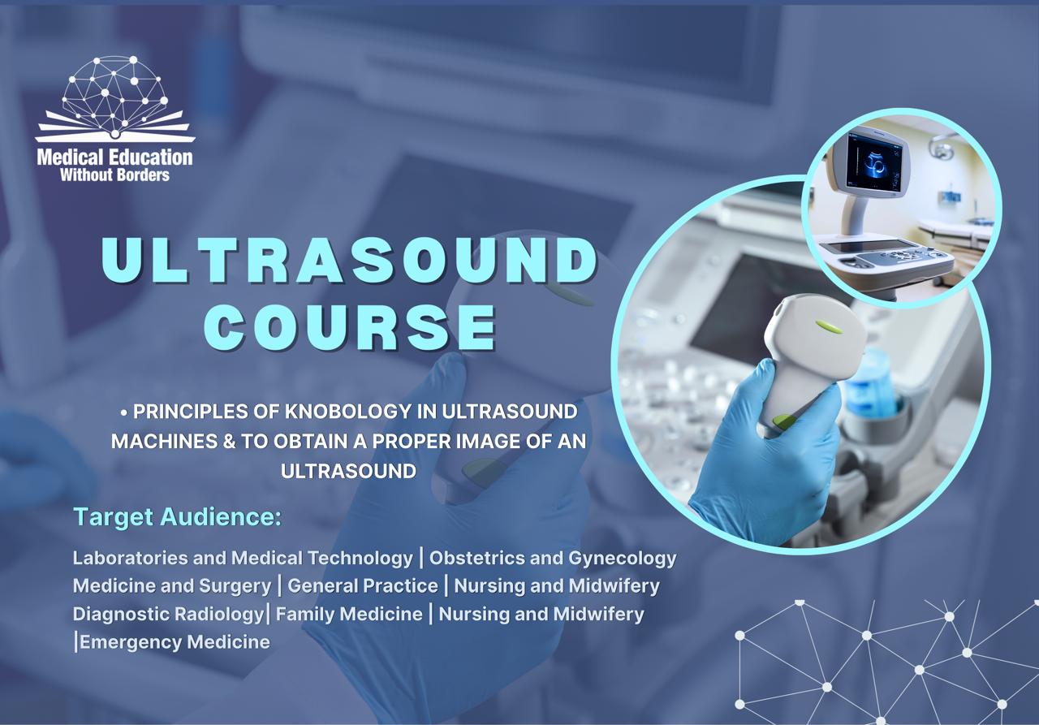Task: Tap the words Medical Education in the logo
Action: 114,157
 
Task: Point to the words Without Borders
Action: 114,175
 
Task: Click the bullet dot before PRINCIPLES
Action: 124,412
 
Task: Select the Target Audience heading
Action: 177,516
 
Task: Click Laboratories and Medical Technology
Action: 243,559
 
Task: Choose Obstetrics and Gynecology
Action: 553,559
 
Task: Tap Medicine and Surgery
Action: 172,585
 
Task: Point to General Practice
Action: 363,585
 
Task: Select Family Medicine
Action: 349,614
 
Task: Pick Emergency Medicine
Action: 175,642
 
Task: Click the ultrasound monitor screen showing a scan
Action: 875,160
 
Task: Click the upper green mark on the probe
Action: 828,326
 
